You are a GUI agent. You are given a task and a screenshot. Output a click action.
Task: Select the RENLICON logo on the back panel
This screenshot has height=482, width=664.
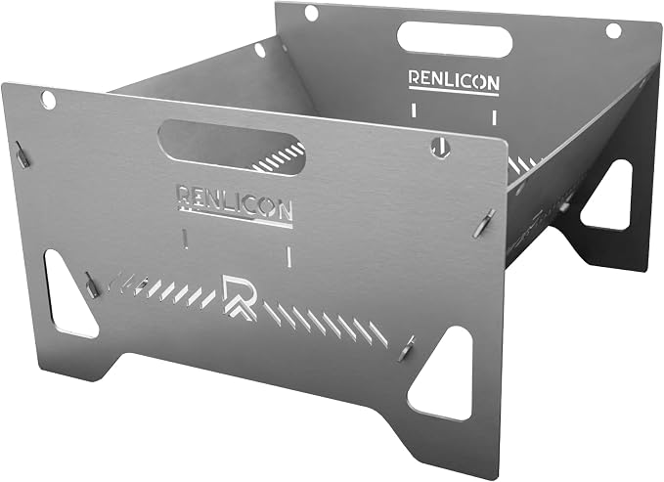pos(454,81)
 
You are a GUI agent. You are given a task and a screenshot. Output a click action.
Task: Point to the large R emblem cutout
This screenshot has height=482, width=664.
pos(240,296)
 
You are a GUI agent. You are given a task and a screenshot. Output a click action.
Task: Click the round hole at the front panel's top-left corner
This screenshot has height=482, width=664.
pos(48,99)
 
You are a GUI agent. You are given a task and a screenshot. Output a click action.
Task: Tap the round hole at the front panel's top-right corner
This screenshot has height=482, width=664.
pos(440,146)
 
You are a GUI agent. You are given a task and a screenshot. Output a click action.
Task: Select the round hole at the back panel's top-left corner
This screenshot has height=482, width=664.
pos(311,13)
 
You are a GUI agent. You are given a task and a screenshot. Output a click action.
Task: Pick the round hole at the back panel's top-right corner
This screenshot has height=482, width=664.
pos(613,31)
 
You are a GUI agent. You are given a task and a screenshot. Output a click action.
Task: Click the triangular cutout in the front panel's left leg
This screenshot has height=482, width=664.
pos(66,294)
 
